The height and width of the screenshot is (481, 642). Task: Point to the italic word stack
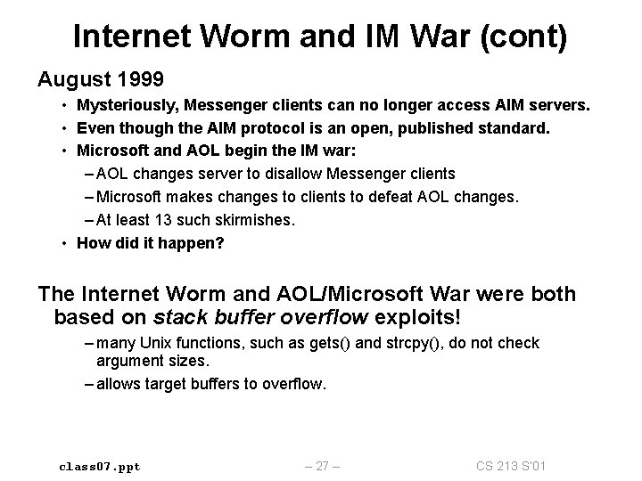click(x=177, y=317)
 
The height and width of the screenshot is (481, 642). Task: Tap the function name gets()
click(x=308, y=344)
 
